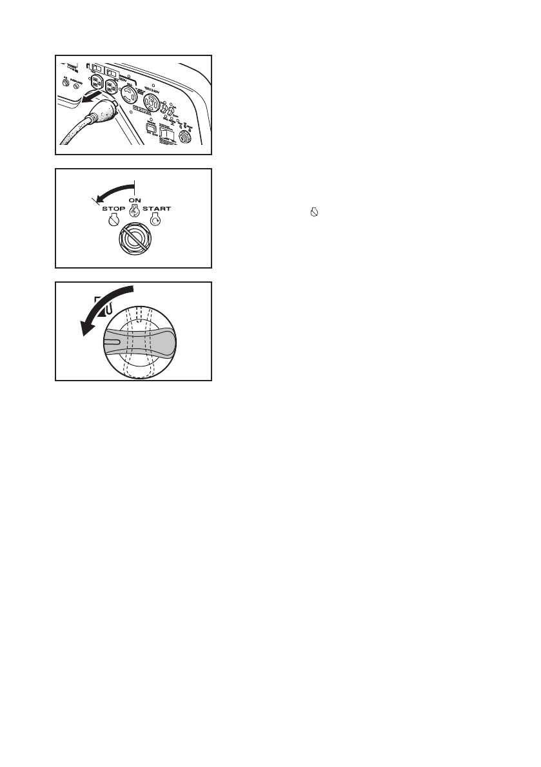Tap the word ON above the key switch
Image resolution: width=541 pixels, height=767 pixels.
point(135,200)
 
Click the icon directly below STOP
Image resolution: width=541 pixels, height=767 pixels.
point(113,221)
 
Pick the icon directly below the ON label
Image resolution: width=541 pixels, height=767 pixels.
point(135,212)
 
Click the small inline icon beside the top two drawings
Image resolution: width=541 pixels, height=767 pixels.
point(315,210)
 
